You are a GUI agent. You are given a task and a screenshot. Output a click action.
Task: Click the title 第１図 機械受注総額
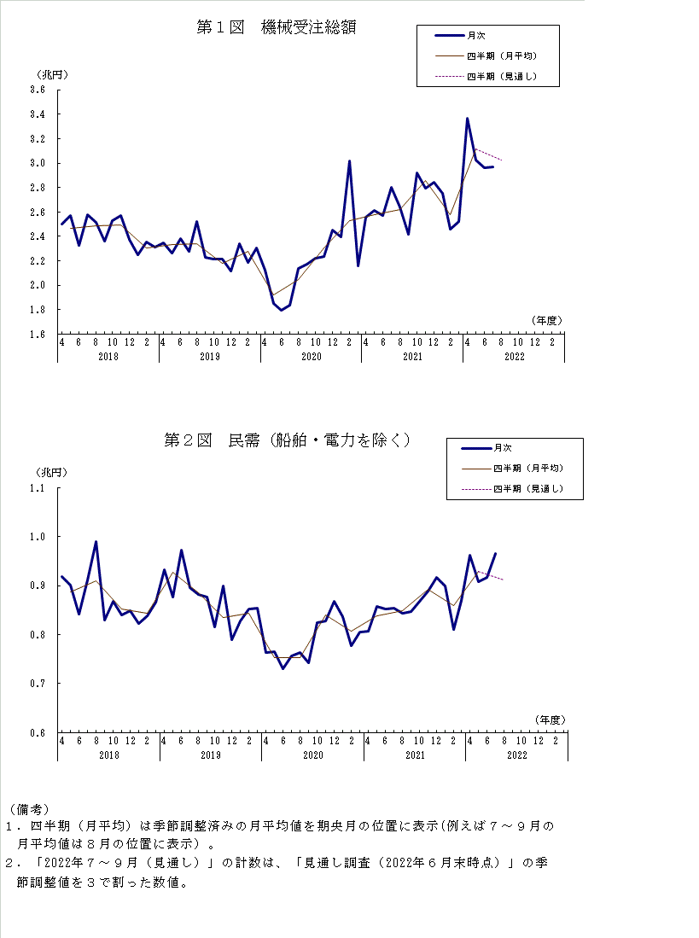click(276, 27)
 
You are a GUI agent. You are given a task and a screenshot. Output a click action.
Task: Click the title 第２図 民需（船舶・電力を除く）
click(287, 440)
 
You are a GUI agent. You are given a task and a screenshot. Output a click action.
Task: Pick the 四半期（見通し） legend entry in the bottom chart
click(527, 489)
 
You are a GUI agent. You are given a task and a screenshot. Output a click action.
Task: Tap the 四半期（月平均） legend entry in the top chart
click(501, 56)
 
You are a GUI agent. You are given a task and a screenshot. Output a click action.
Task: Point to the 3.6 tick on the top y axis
click(38, 90)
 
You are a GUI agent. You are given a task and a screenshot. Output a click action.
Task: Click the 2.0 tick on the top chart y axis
click(38, 285)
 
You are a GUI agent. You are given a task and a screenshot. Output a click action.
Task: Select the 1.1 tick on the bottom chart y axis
click(38, 488)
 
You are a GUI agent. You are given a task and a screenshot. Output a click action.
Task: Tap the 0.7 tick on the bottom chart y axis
click(38, 684)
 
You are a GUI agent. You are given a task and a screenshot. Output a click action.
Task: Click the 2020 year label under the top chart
click(311, 356)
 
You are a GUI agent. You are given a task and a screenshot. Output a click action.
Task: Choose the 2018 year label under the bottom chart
click(109, 754)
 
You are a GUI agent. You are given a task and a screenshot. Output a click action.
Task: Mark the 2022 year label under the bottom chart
click(517, 754)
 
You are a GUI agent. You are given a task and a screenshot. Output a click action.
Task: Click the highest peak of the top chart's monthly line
click(467, 119)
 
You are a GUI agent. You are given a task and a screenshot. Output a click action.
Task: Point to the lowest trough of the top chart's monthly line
click(282, 310)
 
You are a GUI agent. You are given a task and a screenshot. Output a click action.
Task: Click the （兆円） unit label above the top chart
click(50, 74)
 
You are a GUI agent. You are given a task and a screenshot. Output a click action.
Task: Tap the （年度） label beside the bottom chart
click(550, 720)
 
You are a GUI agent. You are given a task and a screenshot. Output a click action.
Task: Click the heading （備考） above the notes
click(28, 808)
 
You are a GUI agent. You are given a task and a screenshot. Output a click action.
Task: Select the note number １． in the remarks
click(13, 826)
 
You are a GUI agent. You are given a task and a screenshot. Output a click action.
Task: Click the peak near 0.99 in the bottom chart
click(96, 542)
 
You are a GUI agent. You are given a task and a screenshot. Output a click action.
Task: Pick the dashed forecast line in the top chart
click(488, 154)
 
